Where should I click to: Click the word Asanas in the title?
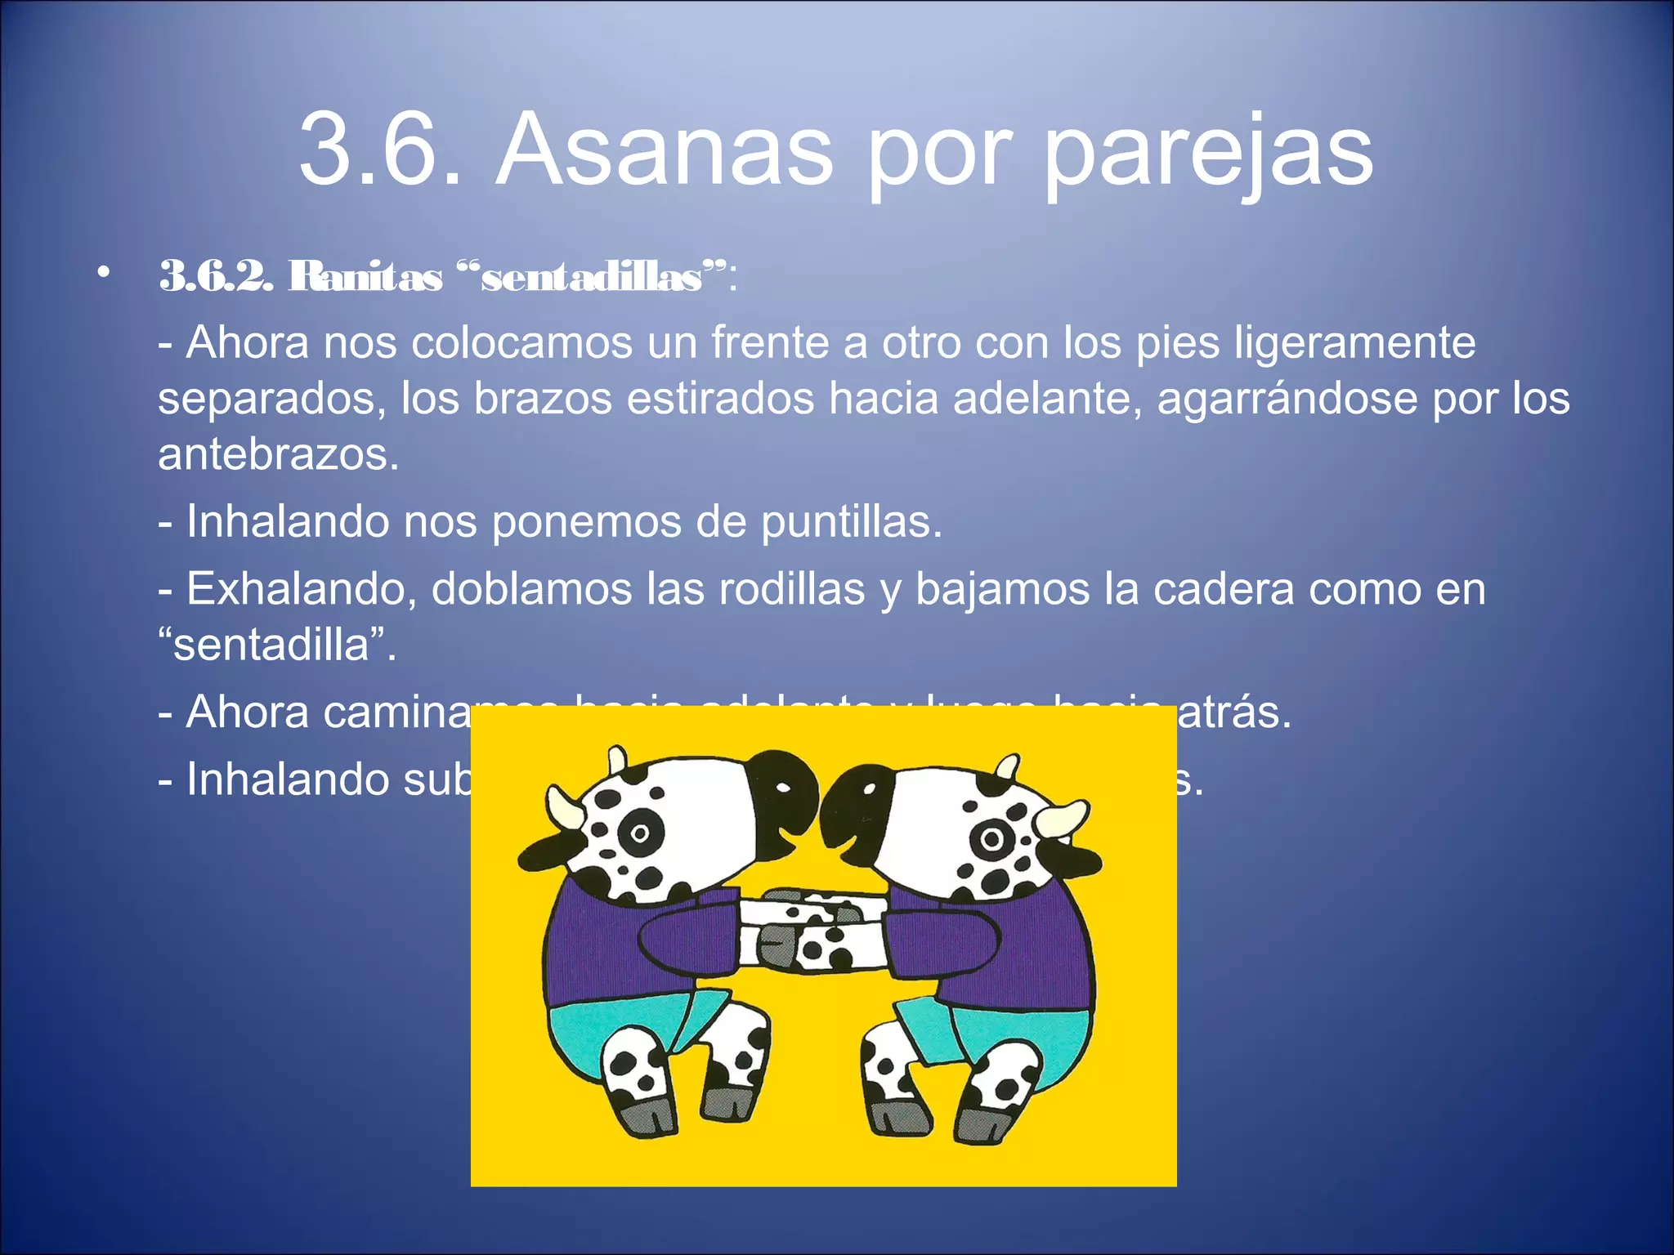[664, 152]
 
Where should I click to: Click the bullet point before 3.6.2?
[102, 274]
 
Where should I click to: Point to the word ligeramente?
[1354, 343]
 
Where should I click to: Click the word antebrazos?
[278, 454]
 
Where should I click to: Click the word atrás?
[1234, 712]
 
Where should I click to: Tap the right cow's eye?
[991, 838]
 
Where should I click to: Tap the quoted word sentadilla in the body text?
[276, 645]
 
